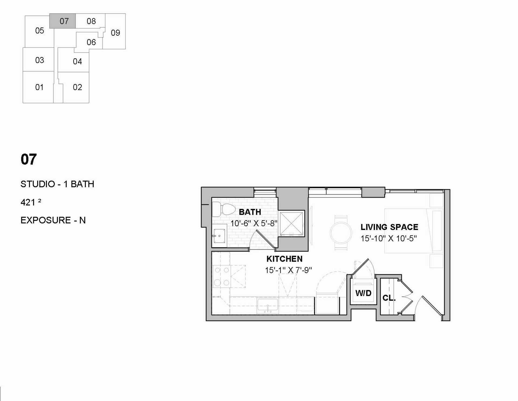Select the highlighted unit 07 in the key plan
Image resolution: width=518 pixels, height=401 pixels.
63,21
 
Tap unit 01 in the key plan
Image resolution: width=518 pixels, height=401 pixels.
38,87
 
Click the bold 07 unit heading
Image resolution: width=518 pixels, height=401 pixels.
29,159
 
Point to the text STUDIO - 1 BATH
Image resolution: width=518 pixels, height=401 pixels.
57,184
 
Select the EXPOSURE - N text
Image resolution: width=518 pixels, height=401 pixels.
53,220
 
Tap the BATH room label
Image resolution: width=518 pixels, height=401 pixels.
250,212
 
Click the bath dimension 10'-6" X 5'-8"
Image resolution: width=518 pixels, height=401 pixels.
254,223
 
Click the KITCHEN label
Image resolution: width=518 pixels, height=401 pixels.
284,259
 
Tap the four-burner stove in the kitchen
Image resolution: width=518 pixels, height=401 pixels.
221,276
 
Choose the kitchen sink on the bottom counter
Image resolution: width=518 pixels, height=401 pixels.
267,306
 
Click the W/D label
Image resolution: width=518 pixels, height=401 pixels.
363,293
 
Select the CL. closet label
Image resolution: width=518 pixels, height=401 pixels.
389,298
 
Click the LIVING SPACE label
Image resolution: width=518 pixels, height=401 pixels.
389,227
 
